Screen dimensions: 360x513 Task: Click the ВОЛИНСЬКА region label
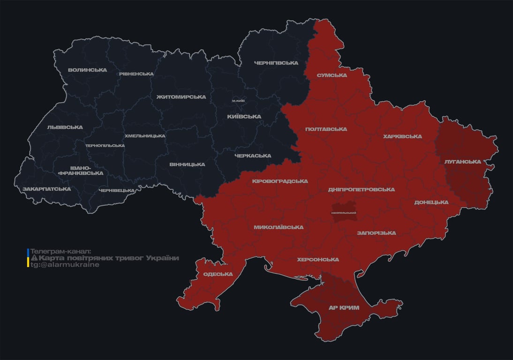pos(87,70)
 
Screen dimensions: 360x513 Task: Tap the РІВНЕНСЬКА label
pos(136,74)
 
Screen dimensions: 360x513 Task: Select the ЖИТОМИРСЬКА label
pos(181,97)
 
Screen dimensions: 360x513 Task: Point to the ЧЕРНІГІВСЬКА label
pos(276,63)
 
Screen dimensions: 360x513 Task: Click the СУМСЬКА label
pos(332,75)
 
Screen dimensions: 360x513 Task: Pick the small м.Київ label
pos(238,101)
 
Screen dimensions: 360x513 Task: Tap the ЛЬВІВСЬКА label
pos(65,127)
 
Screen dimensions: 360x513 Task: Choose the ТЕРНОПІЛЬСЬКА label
pos(105,145)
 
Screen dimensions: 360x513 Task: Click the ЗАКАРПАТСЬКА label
pos(47,189)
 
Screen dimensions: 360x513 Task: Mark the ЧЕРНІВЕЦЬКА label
pos(117,190)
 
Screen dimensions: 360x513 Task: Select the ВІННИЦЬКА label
pos(187,165)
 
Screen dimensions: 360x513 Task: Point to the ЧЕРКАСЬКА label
pos(253,156)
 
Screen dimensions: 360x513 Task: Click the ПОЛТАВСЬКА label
pos(326,129)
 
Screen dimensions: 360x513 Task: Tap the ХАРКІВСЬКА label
pos(402,136)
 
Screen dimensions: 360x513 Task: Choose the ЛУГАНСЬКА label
pos(463,162)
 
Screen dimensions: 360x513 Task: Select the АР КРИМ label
pos(344,307)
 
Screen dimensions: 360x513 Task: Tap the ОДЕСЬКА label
pos(218,274)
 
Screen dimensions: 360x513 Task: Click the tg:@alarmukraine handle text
pos(65,265)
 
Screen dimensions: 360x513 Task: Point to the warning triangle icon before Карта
pos(34,258)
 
